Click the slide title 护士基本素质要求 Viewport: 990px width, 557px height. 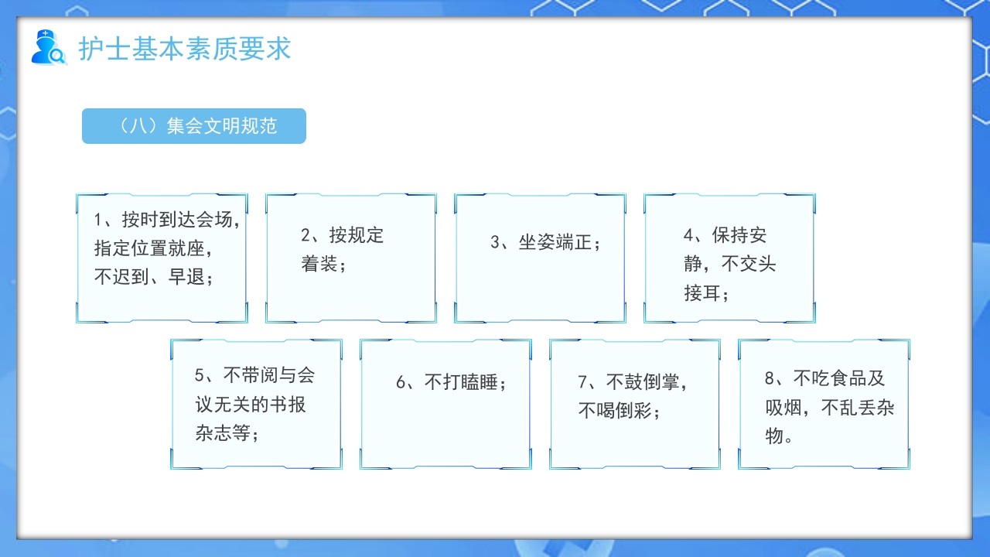coord(185,48)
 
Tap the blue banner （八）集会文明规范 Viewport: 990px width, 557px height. coord(194,126)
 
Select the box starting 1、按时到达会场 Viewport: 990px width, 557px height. coord(162,258)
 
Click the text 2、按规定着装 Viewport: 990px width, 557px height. coord(342,249)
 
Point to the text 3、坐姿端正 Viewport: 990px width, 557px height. coord(545,242)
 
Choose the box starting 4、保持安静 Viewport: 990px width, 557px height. coord(729,258)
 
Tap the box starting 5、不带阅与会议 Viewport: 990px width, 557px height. coord(256,404)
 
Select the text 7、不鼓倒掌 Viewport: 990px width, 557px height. coord(633,382)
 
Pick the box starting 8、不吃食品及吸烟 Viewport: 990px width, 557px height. coord(824,404)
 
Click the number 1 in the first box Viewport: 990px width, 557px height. coord(97,220)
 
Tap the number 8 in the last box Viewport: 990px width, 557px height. coord(770,378)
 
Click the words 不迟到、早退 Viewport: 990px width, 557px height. coord(153,277)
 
